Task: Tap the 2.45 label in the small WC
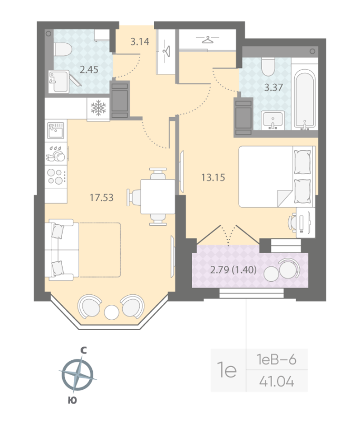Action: pyautogui.click(x=89, y=69)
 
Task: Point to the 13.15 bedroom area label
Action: pyautogui.click(x=213, y=177)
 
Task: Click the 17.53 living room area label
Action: pyautogui.click(x=102, y=198)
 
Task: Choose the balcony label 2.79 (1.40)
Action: pyautogui.click(x=233, y=270)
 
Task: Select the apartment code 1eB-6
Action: pyautogui.click(x=276, y=360)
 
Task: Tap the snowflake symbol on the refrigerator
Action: pyautogui.click(x=99, y=109)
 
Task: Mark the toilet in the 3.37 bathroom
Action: pyautogui.click(x=269, y=67)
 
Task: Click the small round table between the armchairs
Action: pyautogui.click(x=112, y=312)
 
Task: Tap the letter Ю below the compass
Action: pyautogui.click(x=73, y=401)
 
